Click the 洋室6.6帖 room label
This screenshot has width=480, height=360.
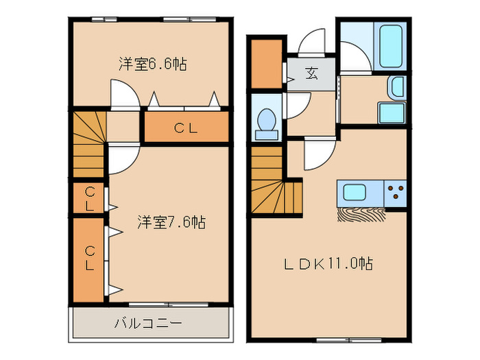[152, 64]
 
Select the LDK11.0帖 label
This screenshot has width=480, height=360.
[330, 263]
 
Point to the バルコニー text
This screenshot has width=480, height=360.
[147, 322]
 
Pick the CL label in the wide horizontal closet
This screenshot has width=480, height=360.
[185, 128]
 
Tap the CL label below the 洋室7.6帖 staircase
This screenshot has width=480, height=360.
[90, 197]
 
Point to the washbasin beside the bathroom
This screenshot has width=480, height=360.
[397, 87]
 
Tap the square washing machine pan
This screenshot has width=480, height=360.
[392, 113]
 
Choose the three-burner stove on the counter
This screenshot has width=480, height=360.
[395, 192]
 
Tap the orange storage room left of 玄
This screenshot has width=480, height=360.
[266, 64]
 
